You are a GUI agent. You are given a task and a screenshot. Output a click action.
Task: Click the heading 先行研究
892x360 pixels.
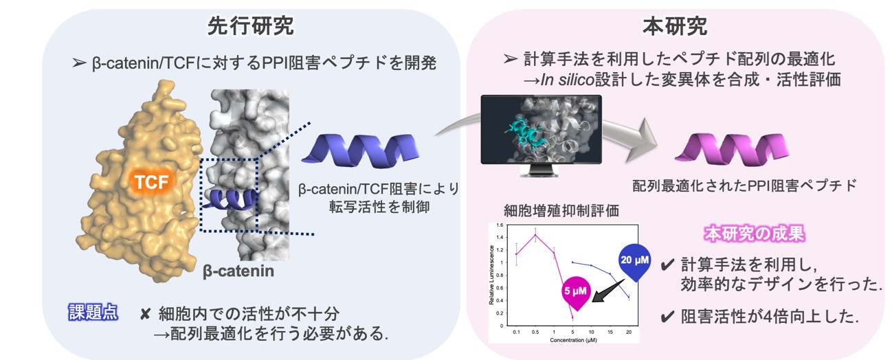(250, 27)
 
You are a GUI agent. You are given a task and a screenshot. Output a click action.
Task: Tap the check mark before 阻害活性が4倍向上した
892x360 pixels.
(666, 317)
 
